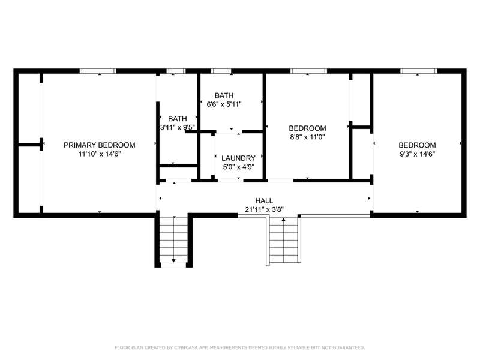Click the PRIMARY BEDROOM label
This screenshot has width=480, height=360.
tap(100, 145)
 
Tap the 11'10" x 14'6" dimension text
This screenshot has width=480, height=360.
tap(100, 154)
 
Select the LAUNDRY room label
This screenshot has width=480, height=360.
tap(238, 158)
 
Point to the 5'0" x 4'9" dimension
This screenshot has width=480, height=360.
tap(238, 167)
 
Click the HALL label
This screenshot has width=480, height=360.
tap(264, 200)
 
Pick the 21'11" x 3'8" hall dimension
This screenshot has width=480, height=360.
tap(264, 209)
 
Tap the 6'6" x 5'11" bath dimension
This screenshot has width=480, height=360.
tap(224, 104)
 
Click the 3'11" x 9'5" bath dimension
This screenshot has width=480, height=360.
tap(178, 127)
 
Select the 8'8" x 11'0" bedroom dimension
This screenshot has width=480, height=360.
tap(307, 137)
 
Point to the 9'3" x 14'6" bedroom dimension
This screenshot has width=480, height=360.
tap(417, 154)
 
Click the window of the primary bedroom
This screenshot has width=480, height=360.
tap(98, 71)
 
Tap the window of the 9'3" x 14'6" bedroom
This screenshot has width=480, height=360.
tap(418, 71)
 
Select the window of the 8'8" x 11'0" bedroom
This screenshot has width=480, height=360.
tap(309, 71)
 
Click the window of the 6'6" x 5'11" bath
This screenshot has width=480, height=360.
tap(221, 71)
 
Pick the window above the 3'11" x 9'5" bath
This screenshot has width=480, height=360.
tap(176, 71)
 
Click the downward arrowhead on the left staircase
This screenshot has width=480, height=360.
tap(173, 261)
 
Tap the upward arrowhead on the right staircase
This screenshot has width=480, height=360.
tap(283, 219)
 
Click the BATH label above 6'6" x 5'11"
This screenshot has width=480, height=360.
tap(224, 95)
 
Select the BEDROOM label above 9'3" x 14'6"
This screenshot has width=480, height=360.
tap(417, 145)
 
